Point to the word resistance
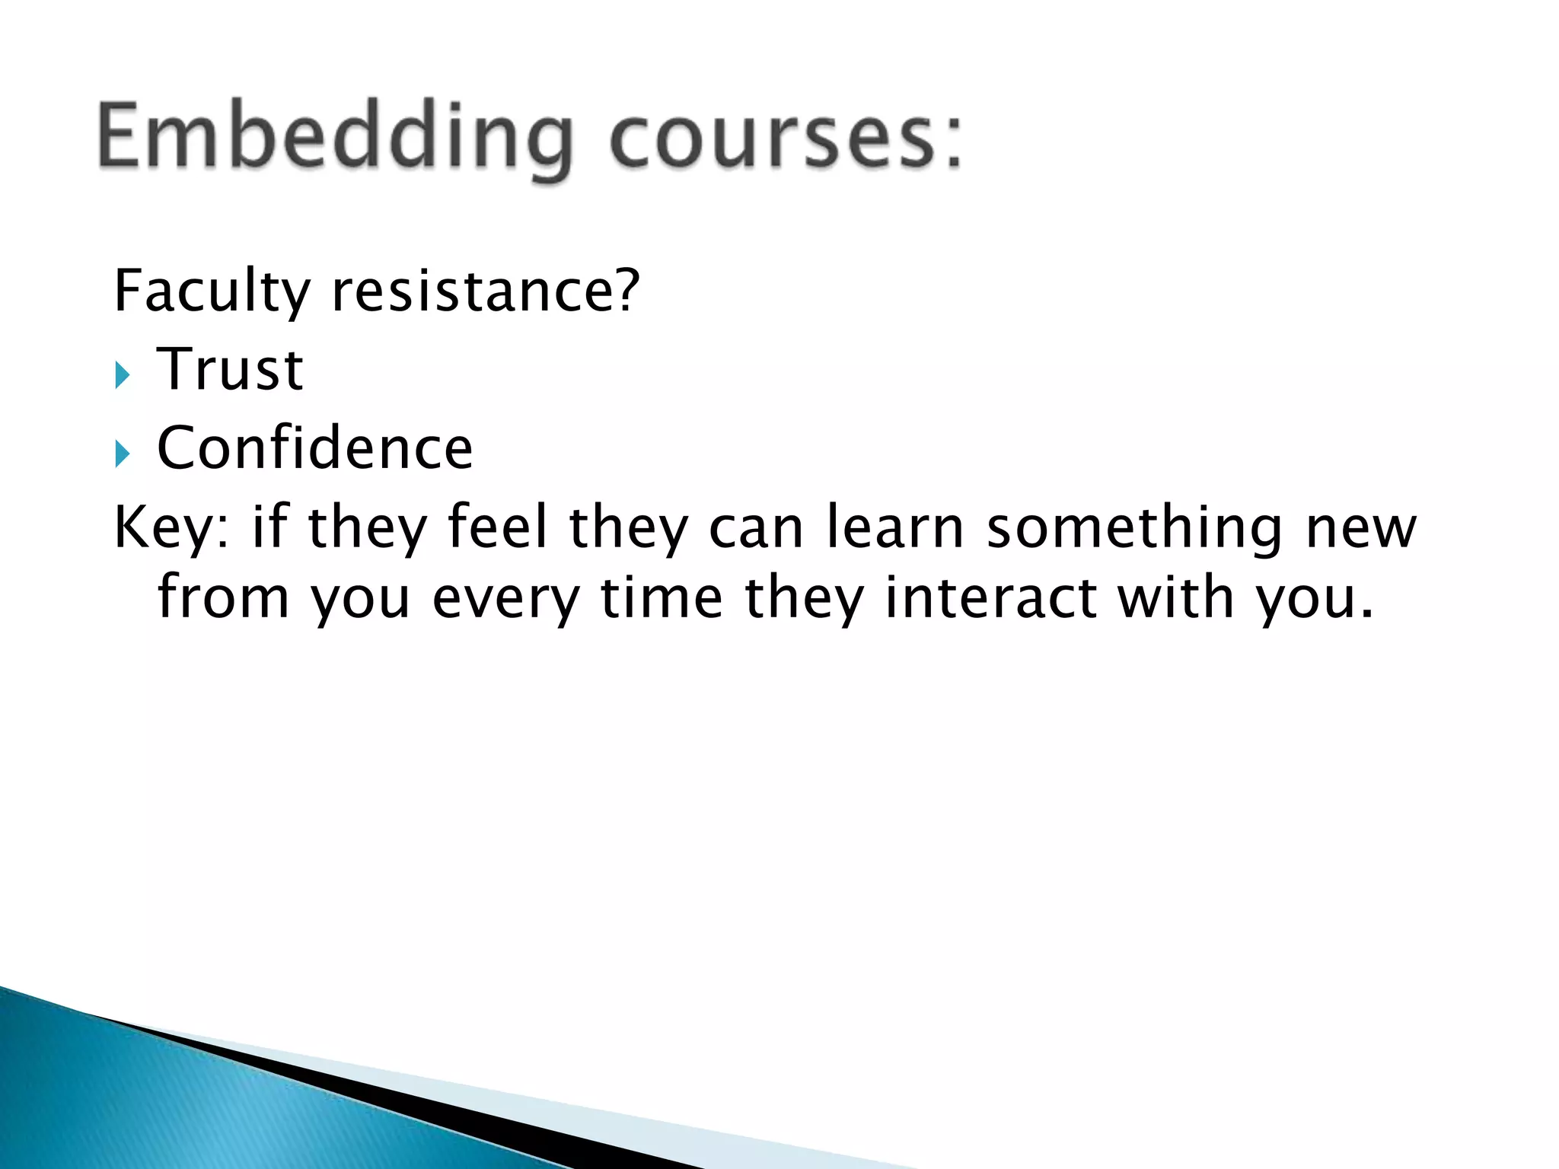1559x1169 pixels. pyautogui.click(x=471, y=292)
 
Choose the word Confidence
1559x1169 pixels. pyautogui.click(x=314, y=448)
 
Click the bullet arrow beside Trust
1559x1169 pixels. pyautogui.click(x=123, y=374)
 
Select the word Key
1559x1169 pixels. pyautogui.click(x=167, y=528)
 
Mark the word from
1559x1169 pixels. pyautogui.click(x=223, y=597)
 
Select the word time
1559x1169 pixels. pyautogui.click(x=662, y=597)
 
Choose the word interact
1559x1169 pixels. pyautogui.click(x=990, y=597)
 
